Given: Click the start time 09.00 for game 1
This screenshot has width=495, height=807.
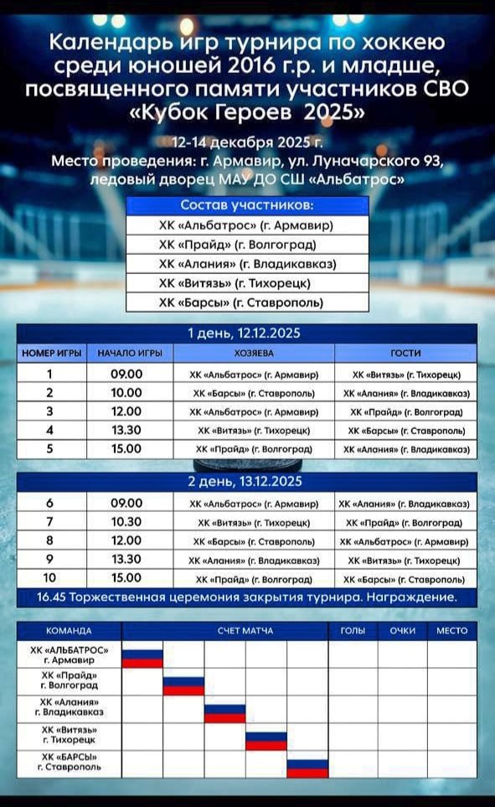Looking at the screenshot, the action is click(126, 375).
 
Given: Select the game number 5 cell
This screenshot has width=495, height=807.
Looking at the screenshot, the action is click(49, 449).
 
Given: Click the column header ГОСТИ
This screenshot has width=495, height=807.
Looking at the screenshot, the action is click(405, 354).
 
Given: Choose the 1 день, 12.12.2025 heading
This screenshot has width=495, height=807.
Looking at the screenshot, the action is click(247, 334).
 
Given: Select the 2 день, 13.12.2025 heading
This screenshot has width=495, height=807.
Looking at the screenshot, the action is click(247, 482).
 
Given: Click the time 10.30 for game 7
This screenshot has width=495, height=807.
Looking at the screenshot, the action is click(126, 522).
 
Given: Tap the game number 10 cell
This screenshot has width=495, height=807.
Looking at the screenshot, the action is click(49, 578).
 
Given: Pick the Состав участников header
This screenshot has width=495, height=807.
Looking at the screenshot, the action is click(247, 205).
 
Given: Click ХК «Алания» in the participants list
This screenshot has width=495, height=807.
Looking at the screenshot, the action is click(247, 264).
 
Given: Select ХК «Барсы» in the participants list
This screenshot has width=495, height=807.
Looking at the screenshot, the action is click(247, 303).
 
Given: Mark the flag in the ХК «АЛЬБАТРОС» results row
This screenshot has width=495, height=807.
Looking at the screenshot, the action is click(142, 658).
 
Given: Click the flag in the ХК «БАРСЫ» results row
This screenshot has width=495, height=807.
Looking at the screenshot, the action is click(307, 768).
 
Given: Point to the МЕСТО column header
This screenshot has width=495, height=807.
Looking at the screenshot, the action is click(452, 631).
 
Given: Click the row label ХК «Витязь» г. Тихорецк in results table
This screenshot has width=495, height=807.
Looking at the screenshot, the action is click(68, 735).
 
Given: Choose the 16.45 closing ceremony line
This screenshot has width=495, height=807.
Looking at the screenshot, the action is click(247, 597).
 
